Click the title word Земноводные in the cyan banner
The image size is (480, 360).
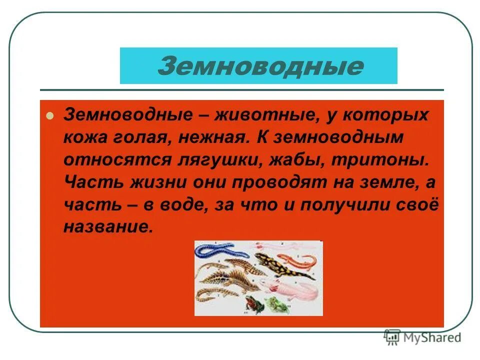click(x=260, y=66)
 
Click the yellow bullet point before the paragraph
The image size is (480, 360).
click(x=49, y=116)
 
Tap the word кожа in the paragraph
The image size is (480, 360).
click(x=83, y=138)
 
